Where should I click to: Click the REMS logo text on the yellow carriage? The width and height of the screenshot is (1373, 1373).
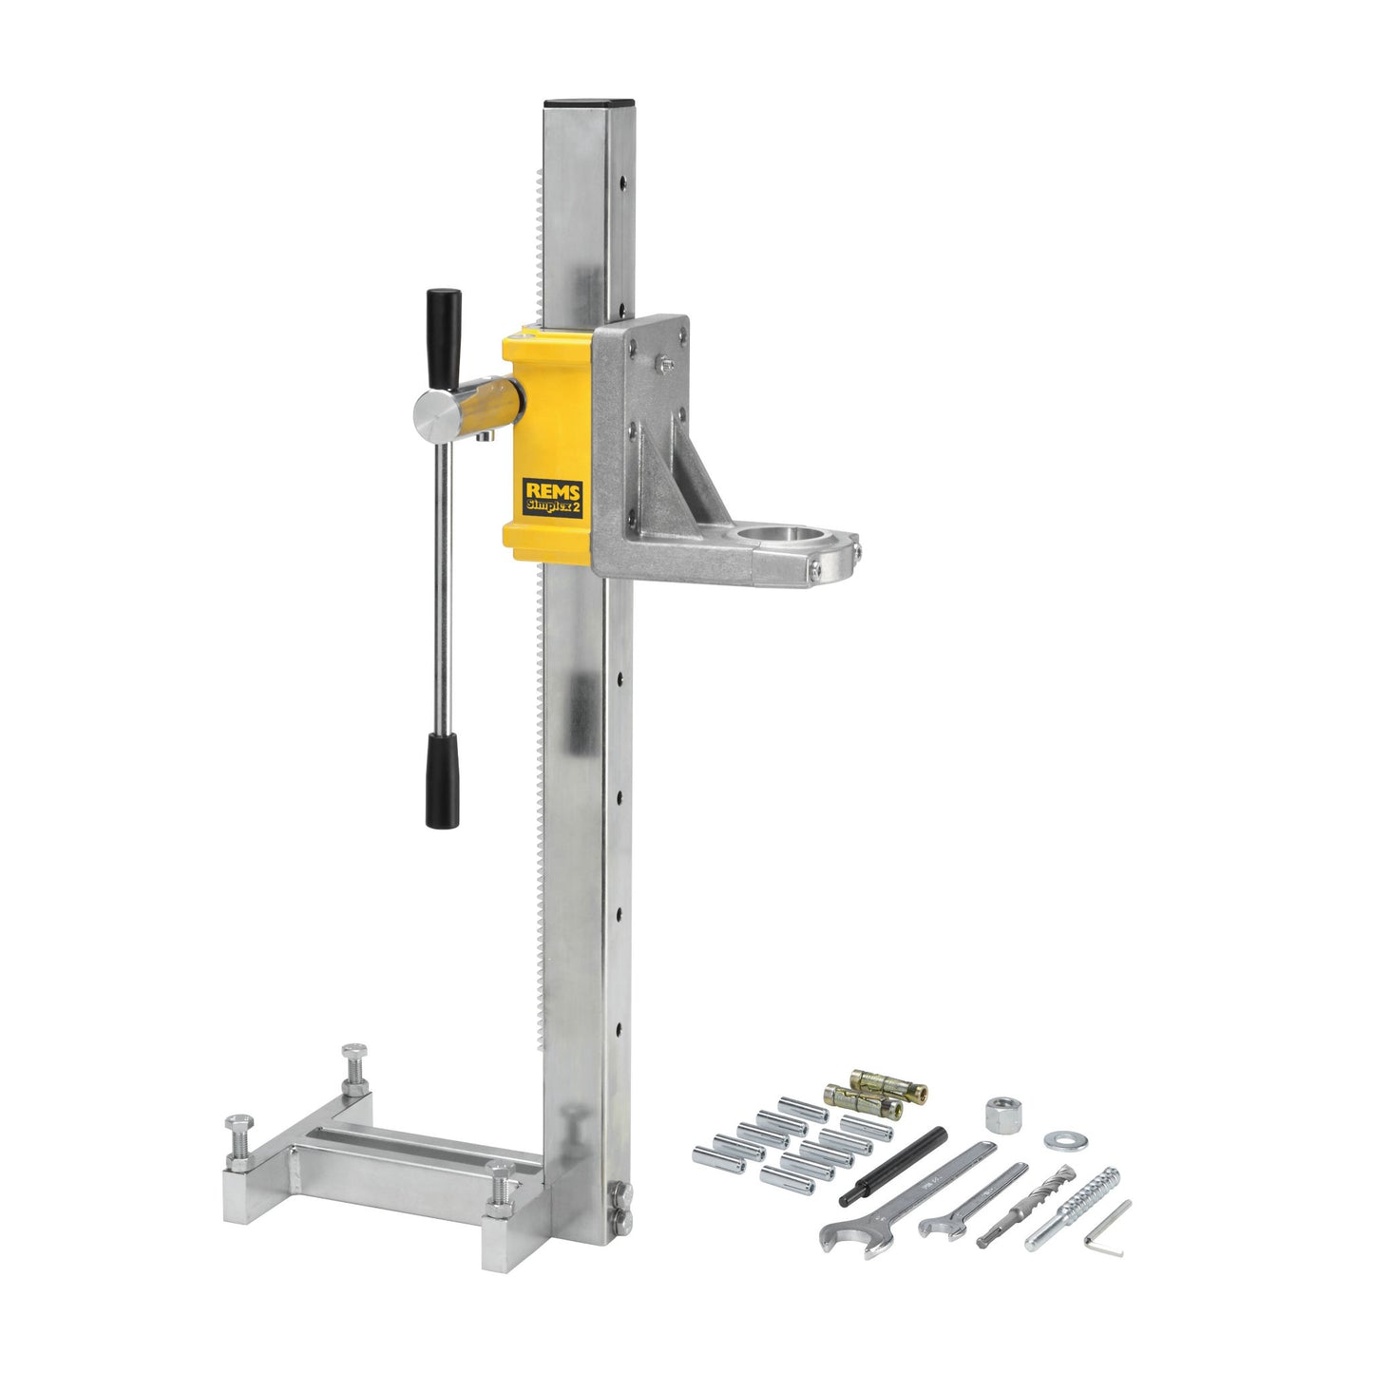[x=553, y=490]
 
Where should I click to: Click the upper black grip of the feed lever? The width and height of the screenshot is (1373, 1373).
[x=443, y=339]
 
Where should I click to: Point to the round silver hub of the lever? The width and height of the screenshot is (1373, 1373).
[x=437, y=416]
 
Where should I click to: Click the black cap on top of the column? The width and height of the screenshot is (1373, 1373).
[x=588, y=104]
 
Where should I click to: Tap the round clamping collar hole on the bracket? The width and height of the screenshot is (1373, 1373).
[x=778, y=534]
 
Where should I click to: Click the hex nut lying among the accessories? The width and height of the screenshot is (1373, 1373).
[x=1004, y=1115]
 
